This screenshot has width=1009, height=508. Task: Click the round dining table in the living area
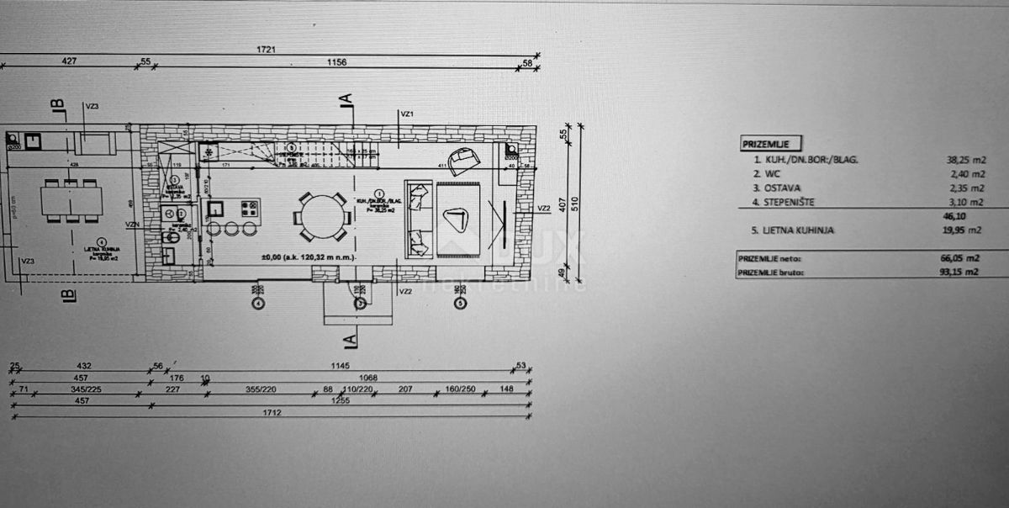(x=322, y=217)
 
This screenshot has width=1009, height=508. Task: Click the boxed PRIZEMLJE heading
(x=770, y=144)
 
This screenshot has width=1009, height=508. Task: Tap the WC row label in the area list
(x=769, y=173)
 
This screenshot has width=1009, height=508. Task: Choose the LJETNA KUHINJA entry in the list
(x=799, y=230)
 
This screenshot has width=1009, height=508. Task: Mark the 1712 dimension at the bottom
(x=271, y=413)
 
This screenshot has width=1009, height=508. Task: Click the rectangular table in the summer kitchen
(x=71, y=201)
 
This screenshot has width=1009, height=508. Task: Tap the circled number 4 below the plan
(x=258, y=303)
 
